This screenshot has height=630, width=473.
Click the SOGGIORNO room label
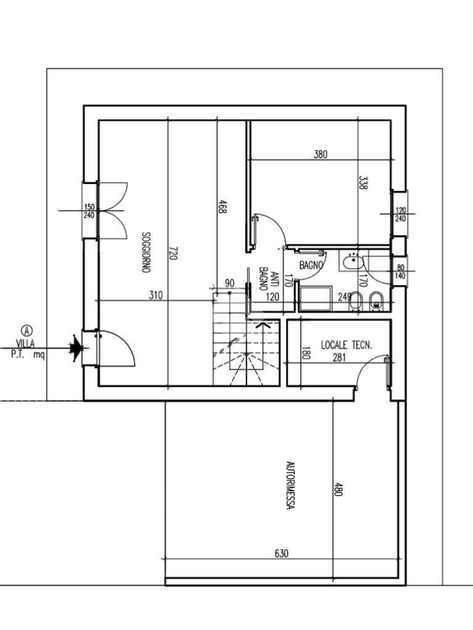(146, 252)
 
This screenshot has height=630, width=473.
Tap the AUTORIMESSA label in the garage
(289, 485)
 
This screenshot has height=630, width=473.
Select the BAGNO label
(311, 265)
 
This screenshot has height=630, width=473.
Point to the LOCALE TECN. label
(347, 345)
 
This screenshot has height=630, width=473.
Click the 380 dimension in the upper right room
(320, 154)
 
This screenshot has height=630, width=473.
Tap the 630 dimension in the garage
(281, 553)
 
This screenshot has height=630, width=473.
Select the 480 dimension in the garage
(338, 488)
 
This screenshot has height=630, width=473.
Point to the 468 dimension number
(222, 207)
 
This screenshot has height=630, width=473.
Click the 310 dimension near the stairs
(156, 295)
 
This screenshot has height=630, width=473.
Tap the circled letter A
(27, 330)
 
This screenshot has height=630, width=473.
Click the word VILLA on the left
(25, 344)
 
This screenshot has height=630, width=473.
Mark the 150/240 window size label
(89, 212)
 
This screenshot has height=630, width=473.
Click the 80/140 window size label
(400, 271)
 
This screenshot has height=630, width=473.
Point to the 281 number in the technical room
(339, 357)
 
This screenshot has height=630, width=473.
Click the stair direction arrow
(263, 325)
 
